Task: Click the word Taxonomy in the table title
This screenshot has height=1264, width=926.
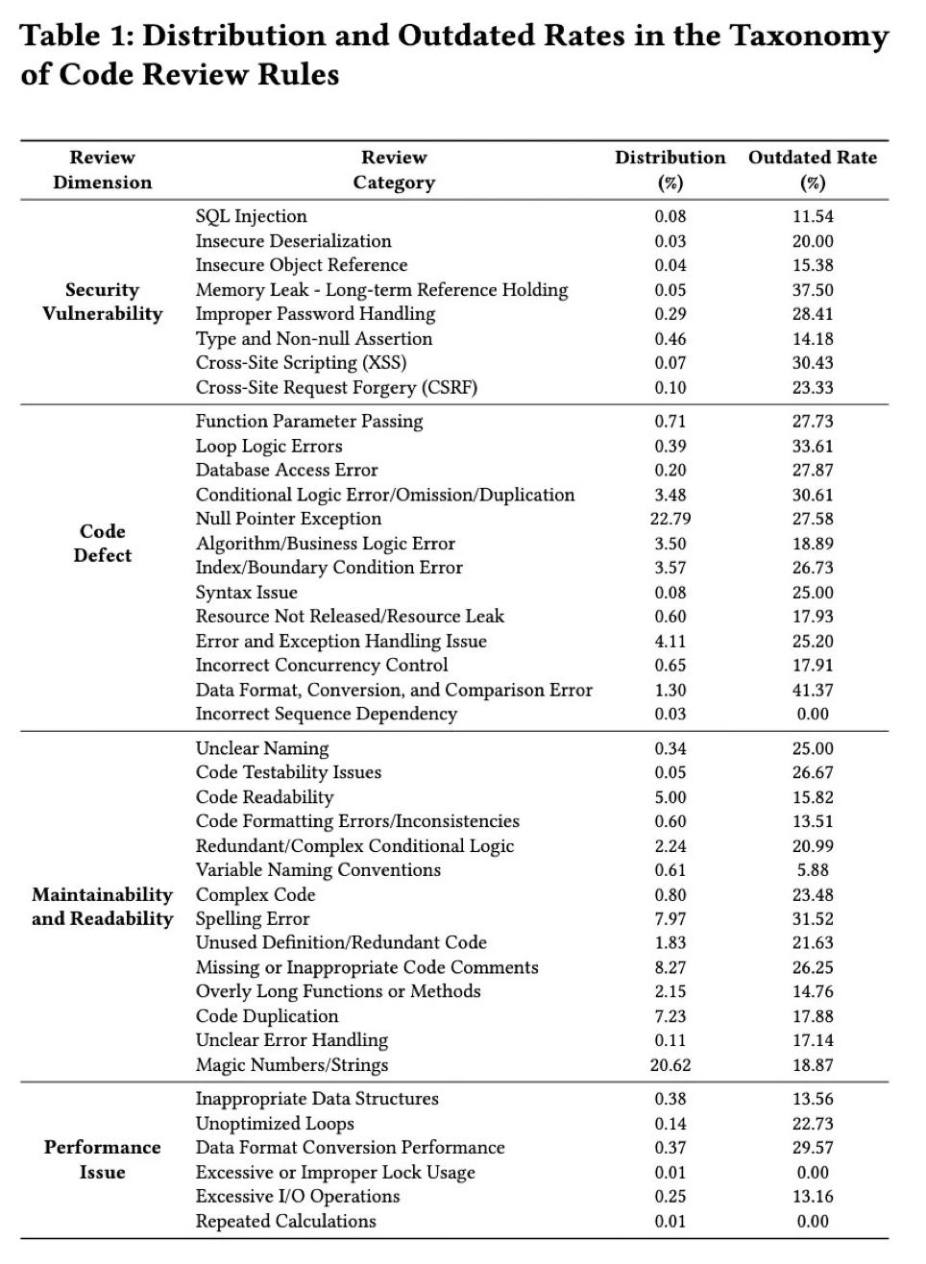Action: click(x=809, y=36)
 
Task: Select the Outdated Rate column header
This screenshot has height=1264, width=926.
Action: click(x=813, y=169)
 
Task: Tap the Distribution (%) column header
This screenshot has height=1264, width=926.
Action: click(x=670, y=169)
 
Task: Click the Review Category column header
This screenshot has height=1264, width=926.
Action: click(x=394, y=169)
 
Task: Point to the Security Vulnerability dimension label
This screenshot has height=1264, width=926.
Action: click(x=103, y=302)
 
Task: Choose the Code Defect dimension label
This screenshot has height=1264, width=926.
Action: click(x=103, y=543)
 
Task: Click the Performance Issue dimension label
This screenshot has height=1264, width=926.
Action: click(x=103, y=1159)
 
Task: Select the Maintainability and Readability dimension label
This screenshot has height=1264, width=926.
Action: click(x=103, y=907)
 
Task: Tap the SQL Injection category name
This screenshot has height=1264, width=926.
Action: click(x=252, y=216)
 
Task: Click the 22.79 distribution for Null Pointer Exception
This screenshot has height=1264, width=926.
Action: click(x=670, y=519)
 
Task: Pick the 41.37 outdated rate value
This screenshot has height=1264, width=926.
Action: click(x=813, y=690)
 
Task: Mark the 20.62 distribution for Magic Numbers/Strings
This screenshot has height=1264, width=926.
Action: click(x=670, y=1065)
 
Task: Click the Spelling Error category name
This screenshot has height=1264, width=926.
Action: click(x=253, y=919)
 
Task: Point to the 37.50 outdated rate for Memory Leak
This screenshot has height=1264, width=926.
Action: click(x=813, y=290)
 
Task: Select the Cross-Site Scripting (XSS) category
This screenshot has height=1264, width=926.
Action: click(x=302, y=363)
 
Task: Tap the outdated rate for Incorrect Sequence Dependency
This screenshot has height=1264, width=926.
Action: click(x=813, y=715)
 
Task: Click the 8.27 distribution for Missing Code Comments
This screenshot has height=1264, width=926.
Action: click(x=670, y=967)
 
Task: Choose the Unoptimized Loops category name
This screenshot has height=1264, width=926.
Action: click(x=275, y=1124)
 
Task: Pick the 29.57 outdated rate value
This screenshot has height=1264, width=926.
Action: click(x=813, y=1148)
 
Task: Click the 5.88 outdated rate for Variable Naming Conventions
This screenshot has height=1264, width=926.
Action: click(x=813, y=870)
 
